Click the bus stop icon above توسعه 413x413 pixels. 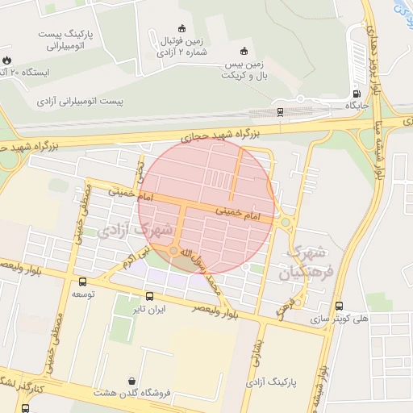(x=83, y=282)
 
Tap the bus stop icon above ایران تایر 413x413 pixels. (x=149, y=296)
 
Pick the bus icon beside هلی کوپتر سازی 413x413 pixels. (x=339, y=307)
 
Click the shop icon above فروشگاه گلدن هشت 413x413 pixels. (x=131, y=380)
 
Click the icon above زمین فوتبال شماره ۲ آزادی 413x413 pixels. (x=181, y=29)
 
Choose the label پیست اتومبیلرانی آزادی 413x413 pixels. (x=81, y=103)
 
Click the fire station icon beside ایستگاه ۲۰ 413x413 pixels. (x=8, y=60)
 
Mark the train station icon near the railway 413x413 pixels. (x=280, y=111)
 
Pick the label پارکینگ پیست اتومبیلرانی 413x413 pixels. (x=67, y=41)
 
